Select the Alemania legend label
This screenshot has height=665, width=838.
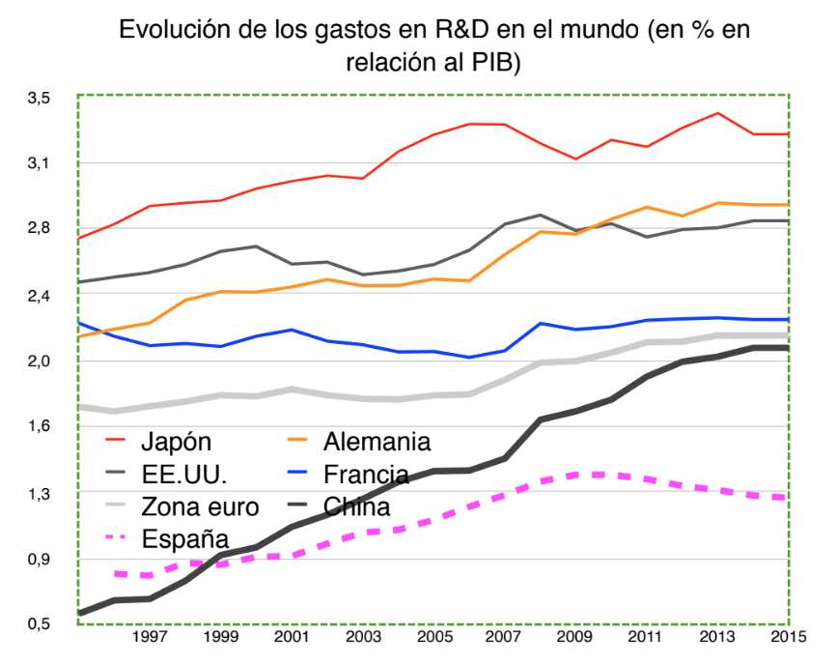[377, 443]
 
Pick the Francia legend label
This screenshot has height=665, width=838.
[366, 475]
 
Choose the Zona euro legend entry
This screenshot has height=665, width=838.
[200, 506]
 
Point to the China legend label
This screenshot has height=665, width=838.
[356, 506]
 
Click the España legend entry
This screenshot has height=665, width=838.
[183, 538]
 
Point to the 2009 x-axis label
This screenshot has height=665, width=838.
[575, 639]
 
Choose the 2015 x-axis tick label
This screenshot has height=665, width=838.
[788, 639]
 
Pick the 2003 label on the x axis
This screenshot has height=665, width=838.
[363, 639]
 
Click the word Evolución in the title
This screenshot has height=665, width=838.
[170, 30]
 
